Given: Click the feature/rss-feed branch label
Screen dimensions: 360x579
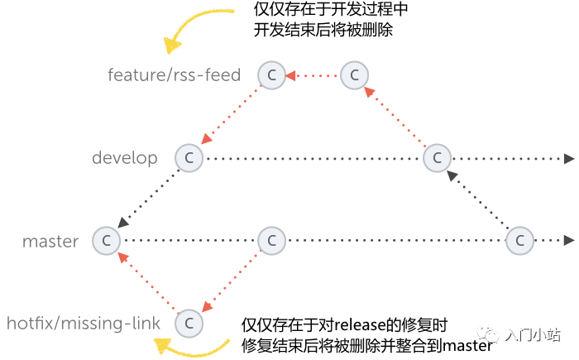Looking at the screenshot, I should coord(174,75).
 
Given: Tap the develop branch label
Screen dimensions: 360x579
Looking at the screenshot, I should coord(125,157).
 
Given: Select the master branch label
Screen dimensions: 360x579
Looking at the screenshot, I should coord(50,242).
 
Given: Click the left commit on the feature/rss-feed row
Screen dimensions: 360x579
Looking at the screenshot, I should coord(271,75).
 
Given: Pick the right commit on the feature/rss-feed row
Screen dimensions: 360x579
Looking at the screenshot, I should coord(354,75).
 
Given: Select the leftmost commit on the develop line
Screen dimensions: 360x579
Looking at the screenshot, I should coord(189,157).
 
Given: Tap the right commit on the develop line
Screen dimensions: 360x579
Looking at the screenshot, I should coord(437,157).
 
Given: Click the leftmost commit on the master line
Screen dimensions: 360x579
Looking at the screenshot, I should coord(106,241).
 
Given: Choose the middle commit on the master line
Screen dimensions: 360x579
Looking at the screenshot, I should coord(271,241).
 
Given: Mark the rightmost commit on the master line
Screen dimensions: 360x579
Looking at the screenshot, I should coord(519,241).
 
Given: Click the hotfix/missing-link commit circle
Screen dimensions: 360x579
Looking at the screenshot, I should coord(189,322).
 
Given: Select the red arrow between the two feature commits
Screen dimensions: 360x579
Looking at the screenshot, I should coord(313,76).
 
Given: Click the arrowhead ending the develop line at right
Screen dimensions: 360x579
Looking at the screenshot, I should coord(569,158).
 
